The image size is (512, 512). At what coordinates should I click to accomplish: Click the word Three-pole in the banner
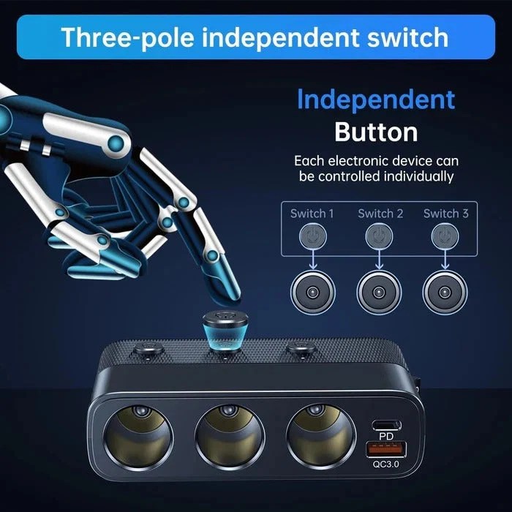(x=127, y=38)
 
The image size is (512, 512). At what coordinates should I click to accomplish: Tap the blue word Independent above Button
(x=376, y=99)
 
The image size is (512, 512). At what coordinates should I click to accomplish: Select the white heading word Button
(x=376, y=132)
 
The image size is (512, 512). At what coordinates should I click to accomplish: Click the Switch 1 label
(x=312, y=214)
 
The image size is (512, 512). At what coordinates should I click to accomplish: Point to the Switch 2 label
(x=380, y=214)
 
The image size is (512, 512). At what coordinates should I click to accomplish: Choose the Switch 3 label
(x=445, y=214)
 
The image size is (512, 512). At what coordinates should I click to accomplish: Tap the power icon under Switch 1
(x=313, y=236)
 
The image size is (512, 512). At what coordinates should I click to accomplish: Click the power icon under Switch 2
(x=379, y=236)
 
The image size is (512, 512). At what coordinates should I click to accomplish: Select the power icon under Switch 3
(x=445, y=236)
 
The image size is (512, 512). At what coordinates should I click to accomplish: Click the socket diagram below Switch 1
(x=313, y=293)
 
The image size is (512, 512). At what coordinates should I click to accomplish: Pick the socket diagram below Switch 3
(x=445, y=293)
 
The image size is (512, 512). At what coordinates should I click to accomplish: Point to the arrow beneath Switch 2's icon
(x=379, y=260)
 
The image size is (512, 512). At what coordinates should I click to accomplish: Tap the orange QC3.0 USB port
(x=386, y=449)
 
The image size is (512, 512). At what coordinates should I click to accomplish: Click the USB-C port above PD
(x=387, y=425)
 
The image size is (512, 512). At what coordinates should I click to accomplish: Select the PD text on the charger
(x=386, y=436)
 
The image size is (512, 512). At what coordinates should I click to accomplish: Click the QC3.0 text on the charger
(x=386, y=464)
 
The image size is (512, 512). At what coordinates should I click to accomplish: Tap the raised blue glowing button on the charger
(x=225, y=331)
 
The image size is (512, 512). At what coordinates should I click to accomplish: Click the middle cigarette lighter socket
(x=230, y=437)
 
